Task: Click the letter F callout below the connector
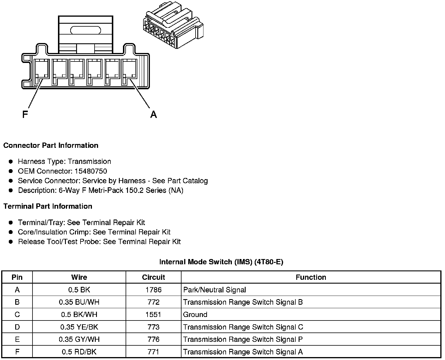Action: point(25,114)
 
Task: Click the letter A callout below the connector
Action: point(153,114)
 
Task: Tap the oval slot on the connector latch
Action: point(85,30)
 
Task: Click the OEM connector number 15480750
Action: point(91,171)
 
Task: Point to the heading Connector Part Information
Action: point(51,145)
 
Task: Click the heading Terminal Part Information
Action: point(48,206)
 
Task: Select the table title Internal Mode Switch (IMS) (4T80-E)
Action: point(221,262)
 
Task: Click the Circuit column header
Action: point(153,277)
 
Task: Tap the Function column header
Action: point(311,277)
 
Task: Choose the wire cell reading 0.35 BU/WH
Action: point(79,302)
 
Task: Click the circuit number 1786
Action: point(153,290)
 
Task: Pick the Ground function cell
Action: point(195,315)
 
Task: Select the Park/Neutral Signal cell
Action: point(214,290)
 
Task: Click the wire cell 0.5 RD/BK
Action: point(79,352)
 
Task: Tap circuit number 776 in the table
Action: point(153,340)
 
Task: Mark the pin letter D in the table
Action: point(17,327)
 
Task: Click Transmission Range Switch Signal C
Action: point(243,327)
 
